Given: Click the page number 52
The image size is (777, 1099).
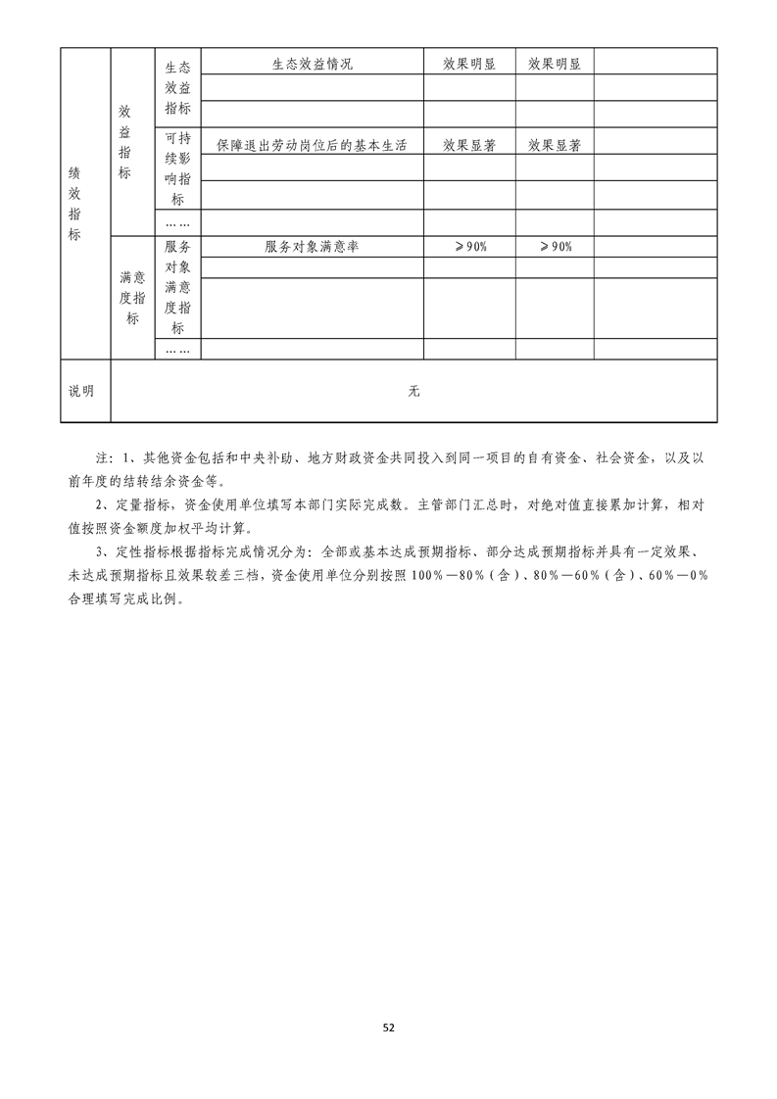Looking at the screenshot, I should click(388, 1027).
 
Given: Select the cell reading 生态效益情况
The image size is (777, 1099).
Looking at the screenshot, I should click(312, 65).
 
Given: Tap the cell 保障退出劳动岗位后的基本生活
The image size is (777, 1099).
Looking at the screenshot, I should click(312, 145).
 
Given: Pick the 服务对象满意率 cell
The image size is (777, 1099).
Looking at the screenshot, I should click(312, 247).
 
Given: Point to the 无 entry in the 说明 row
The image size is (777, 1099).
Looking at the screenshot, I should click(413, 391).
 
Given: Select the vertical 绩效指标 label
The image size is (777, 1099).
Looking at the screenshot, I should click(74, 203).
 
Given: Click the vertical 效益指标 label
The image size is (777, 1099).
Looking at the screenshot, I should click(124, 142).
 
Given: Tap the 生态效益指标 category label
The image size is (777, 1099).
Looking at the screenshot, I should click(177, 88).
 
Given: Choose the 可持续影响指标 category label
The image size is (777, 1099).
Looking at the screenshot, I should click(177, 168).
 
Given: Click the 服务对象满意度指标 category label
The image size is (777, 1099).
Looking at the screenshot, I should click(177, 287).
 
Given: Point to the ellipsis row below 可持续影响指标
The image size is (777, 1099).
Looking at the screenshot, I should click(177, 222).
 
